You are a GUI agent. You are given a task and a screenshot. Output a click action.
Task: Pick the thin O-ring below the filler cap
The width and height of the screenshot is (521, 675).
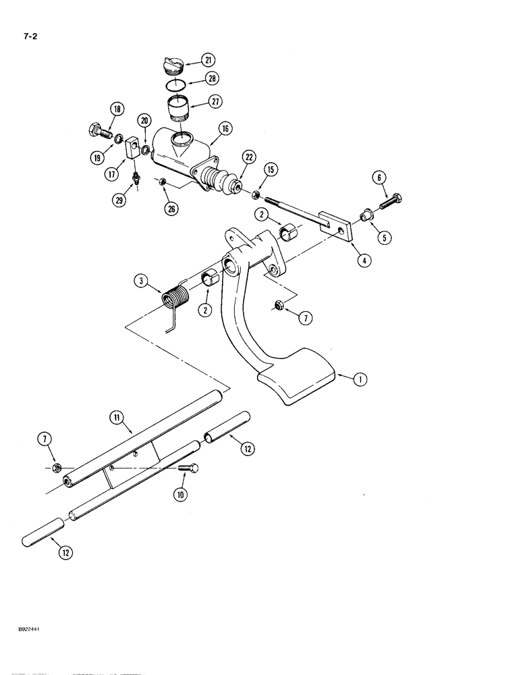coord(177,85)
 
